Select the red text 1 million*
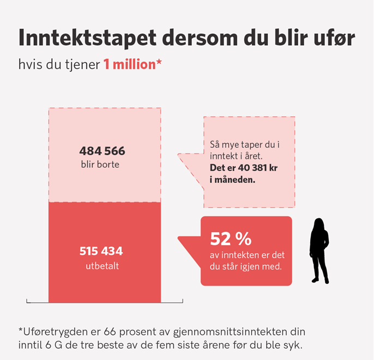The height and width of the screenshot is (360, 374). point(132,64)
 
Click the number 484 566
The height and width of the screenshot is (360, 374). point(102,151)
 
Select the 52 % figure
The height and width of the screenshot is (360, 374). point(231,239)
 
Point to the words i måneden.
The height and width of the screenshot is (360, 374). point(232,179)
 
